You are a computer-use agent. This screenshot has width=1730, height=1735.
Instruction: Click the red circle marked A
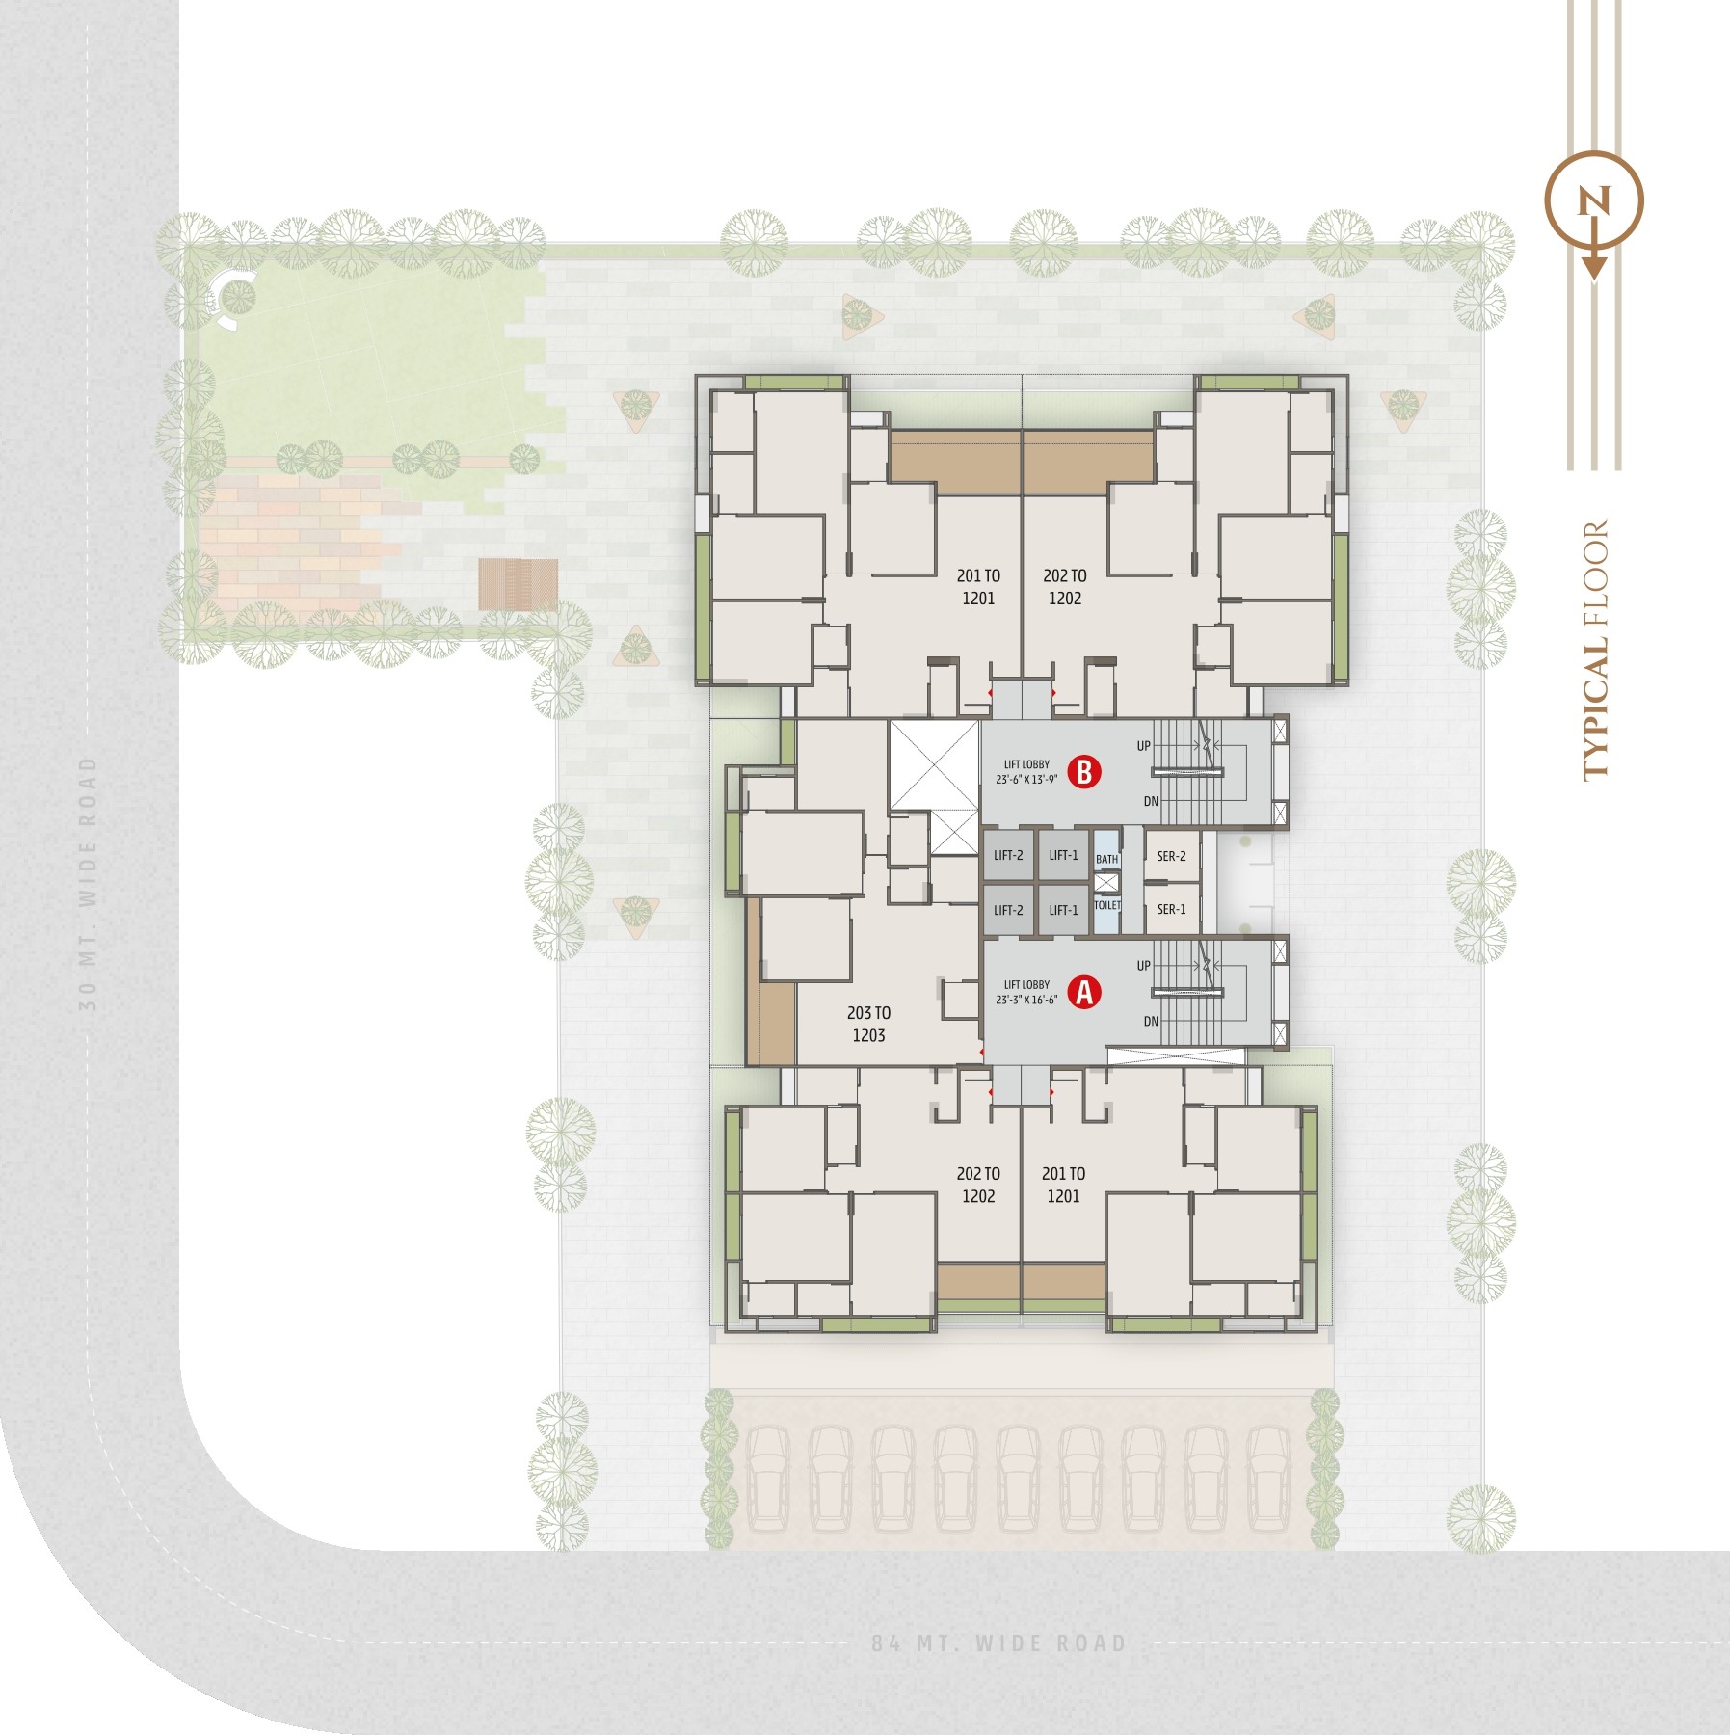click(x=1084, y=992)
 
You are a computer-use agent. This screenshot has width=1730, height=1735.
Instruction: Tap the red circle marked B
click(x=1084, y=772)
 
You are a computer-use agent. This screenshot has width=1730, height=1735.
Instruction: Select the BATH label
click(x=1107, y=859)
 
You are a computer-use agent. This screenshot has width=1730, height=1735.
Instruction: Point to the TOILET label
click(x=1107, y=905)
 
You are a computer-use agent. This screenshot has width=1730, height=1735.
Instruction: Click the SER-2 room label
click(x=1172, y=856)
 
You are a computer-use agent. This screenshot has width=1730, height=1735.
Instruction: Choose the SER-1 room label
click(x=1172, y=909)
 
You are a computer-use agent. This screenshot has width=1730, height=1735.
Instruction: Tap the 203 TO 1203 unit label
click(x=868, y=1024)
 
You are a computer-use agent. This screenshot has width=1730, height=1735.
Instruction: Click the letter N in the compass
click(x=1593, y=202)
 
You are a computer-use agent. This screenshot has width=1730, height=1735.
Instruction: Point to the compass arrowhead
click(x=1594, y=267)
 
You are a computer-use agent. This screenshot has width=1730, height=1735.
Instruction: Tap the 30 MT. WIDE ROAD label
click(x=88, y=883)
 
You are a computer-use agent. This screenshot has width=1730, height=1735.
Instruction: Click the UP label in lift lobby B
click(x=1144, y=746)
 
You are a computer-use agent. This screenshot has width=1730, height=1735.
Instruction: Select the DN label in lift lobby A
click(x=1151, y=1021)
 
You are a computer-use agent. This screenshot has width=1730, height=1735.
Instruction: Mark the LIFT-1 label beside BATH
click(x=1064, y=855)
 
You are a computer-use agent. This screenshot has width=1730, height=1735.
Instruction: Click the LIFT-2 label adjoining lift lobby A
click(x=1009, y=910)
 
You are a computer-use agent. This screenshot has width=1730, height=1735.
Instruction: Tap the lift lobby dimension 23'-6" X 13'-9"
click(x=1026, y=779)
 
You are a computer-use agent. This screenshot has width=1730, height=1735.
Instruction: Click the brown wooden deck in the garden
click(x=519, y=584)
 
